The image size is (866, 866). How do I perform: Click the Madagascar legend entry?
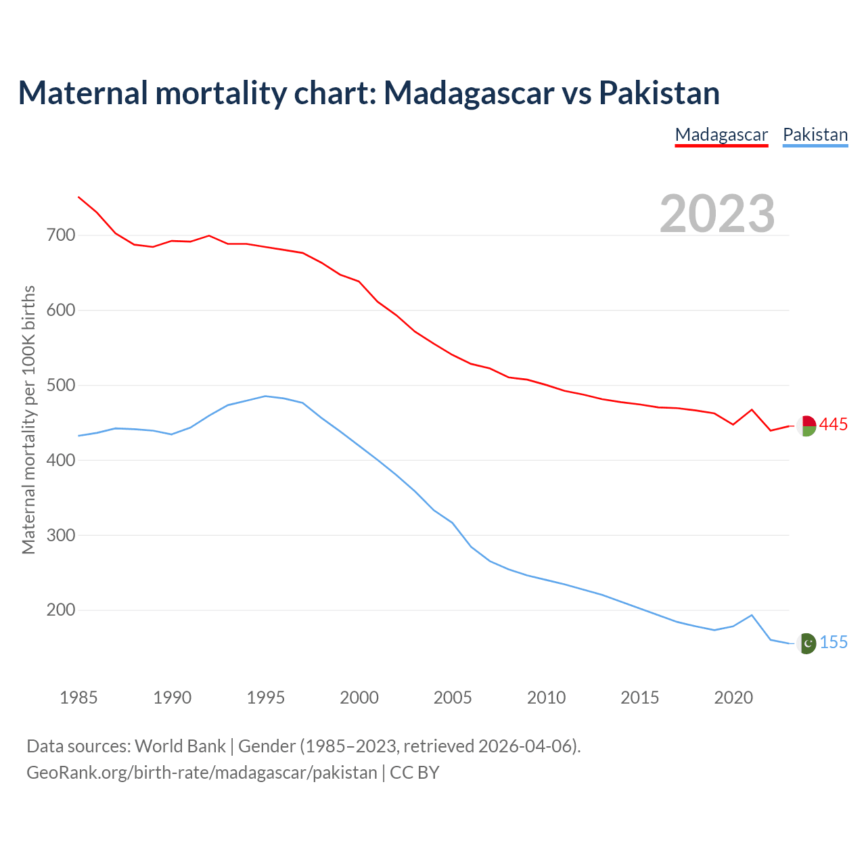pyautogui.click(x=721, y=135)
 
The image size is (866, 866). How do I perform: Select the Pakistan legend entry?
pyautogui.click(x=815, y=135)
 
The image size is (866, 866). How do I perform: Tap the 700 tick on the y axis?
pyautogui.click(x=61, y=235)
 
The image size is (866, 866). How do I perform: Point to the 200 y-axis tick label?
pyautogui.click(x=61, y=610)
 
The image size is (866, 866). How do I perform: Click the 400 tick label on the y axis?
pyautogui.click(x=61, y=460)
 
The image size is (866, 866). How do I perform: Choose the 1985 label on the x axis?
pyautogui.click(x=78, y=698)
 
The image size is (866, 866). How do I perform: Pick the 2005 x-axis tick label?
pyautogui.click(x=453, y=698)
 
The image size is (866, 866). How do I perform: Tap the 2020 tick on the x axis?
pyautogui.click(x=733, y=698)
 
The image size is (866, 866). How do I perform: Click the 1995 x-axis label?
pyautogui.click(x=266, y=698)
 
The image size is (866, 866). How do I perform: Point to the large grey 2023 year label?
pyautogui.click(x=717, y=213)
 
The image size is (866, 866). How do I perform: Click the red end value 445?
pyautogui.click(x=833, y=424)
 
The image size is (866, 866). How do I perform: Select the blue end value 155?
pyautogui.click(x=834, y=642)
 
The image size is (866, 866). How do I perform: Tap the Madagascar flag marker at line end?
pyautogui.click(x=806, y=426)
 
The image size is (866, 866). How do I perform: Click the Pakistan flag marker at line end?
pyautogui.click(x=806, y=643)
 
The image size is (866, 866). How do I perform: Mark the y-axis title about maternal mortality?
pyautogui.click(x=28, y=419)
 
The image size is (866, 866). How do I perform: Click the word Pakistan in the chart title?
pyautogui.click(x=659, y=93)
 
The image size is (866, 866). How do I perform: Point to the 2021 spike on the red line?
pyautogui.click(x=752, y=409)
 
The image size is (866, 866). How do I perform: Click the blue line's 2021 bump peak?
pyautogui.click(x=752, y=615)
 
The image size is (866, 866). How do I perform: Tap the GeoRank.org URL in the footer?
pyautogui.click(x=202, y=772)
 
